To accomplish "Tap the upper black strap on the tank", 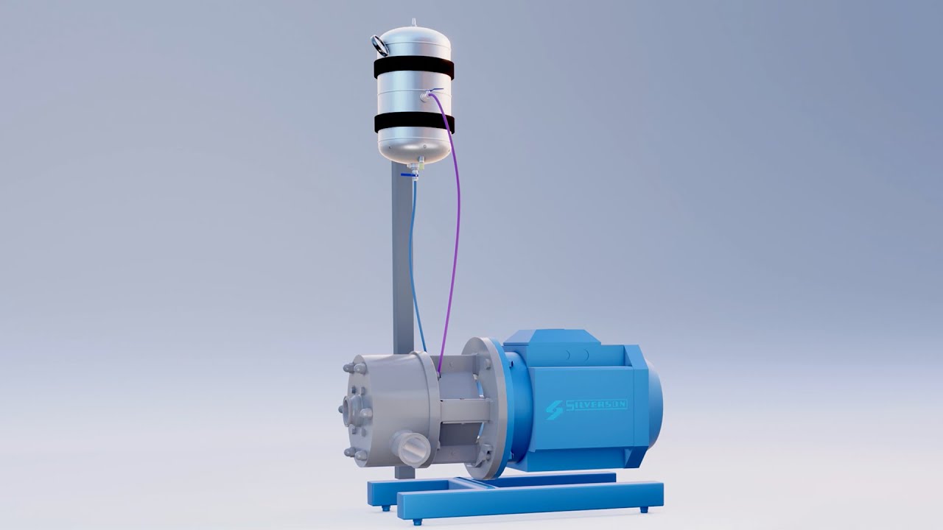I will [413, 68].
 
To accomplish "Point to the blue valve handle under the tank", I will [407, 175].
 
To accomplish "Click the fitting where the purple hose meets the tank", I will [427, 95].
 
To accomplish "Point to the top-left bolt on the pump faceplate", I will [356, 367].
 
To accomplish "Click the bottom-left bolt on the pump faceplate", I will [359, 454].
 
